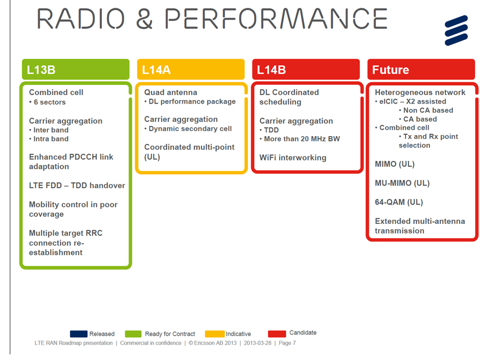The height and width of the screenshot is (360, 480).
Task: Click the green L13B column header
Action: point(75,69)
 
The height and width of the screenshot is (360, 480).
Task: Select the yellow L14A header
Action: point(191,69)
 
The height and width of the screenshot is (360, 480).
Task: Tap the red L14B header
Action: point(306,69)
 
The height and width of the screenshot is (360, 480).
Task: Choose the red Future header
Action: point(421,69)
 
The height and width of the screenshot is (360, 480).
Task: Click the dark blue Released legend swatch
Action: point(78,334)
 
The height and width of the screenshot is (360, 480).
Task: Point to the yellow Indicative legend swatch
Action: point(215,334)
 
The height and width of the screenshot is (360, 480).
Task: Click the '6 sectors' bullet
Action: point(49,102)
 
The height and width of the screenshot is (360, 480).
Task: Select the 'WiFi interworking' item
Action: point(292,158)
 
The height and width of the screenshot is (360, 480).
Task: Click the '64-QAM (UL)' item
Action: point(398,202)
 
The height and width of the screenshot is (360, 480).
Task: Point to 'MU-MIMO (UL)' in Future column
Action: point(402,183)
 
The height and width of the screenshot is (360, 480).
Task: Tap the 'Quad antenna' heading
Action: point(170,92)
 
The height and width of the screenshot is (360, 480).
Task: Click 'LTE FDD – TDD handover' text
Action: point(77,186)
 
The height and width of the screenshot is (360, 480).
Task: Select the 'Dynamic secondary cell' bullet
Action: point(190,128)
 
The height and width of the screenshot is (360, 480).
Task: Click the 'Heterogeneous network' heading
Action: point(420,92)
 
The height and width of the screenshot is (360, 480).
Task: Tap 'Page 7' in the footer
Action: point(287,343)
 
